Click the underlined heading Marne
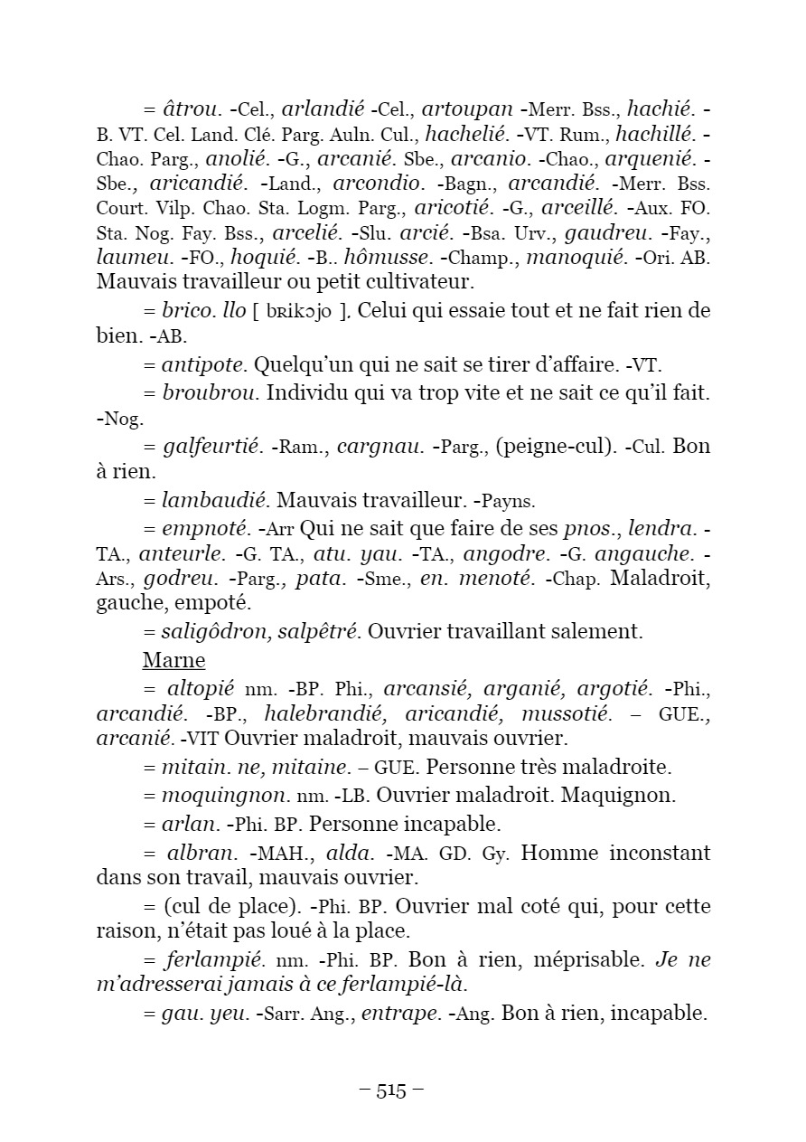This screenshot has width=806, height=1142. pos(173,660)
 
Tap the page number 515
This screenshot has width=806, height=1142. pos(391,1090)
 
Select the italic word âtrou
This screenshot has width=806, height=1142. pos(192,110)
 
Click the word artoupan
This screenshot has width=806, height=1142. pos(467,110)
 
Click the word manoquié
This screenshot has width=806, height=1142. pos(575,258)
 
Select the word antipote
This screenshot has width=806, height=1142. pos(203,365)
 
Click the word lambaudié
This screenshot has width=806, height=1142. pos(214,499)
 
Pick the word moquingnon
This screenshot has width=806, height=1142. pos(215,795)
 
